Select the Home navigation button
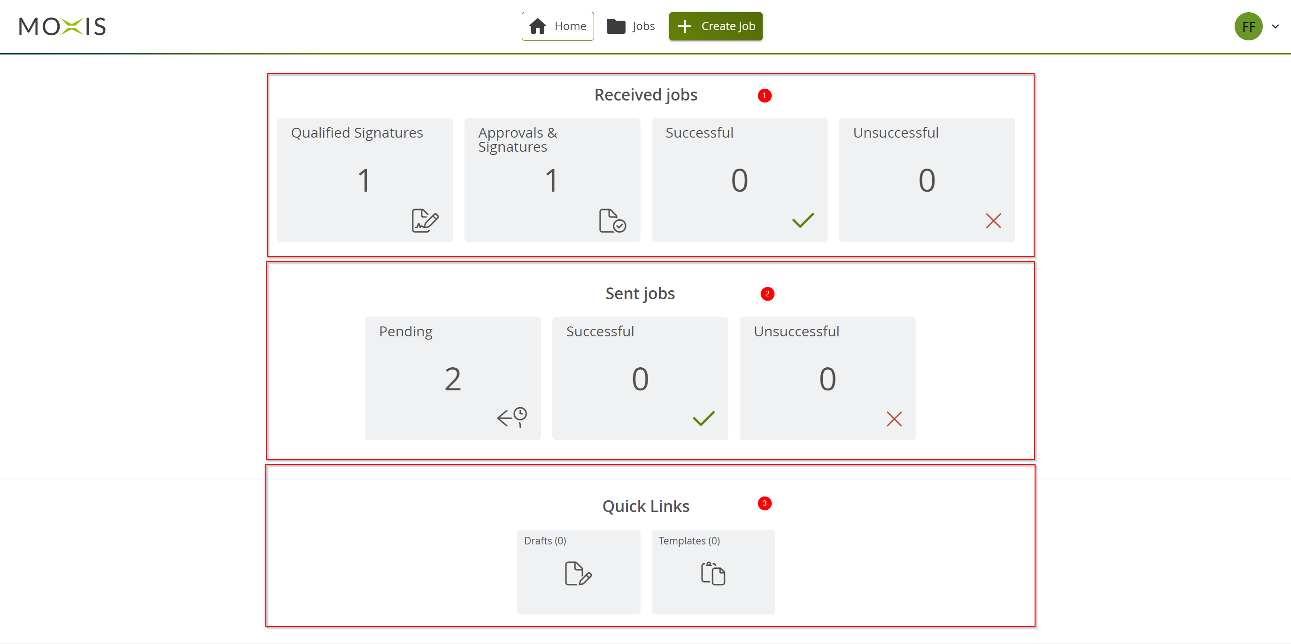(557, 26)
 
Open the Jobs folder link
(630, 26)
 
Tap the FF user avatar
(1248, 27)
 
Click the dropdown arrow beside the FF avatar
(1276, 27)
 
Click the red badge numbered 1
(764, 95)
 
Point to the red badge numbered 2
(767, 294)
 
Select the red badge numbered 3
(764, 503)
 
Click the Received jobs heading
(645, 95)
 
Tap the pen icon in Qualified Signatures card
(425, 220)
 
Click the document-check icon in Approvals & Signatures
(612, 220)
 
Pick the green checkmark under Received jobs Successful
(803, 220)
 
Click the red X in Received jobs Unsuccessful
(993, 220)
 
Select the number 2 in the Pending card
(453, 379)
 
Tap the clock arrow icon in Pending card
(512, 417)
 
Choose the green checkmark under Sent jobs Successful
(703, 419)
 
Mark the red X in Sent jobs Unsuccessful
(894, 419)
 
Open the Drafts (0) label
(545, 541)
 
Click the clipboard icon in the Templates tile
(712, 574)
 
